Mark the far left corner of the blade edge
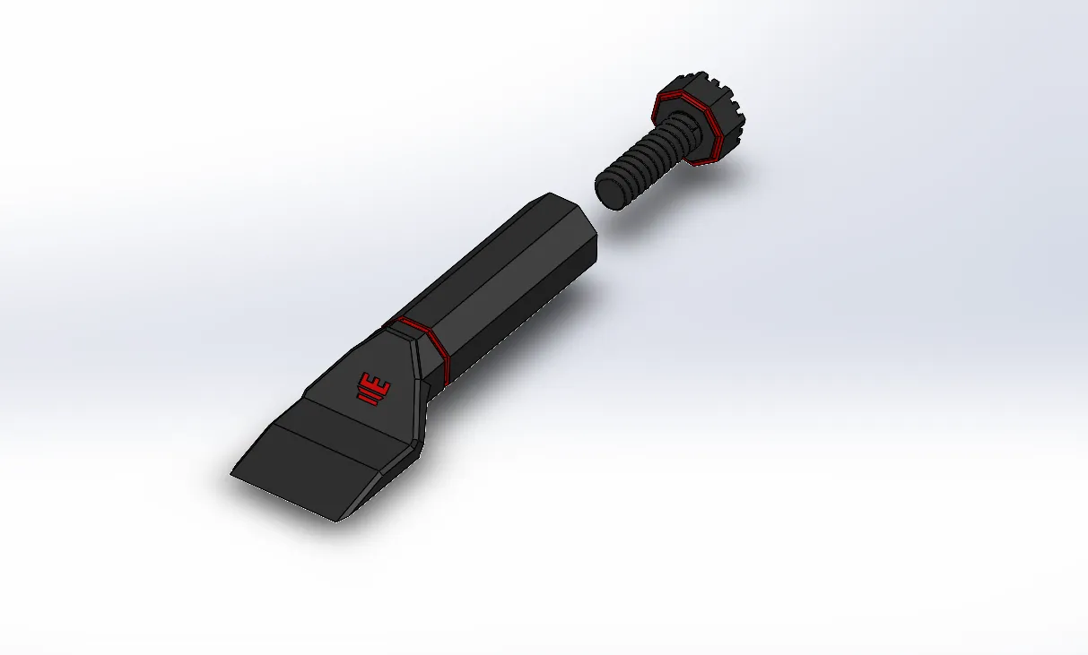(233, 474)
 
